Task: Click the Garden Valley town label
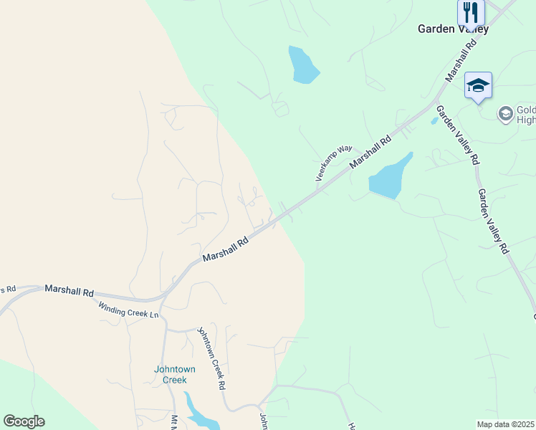tap(453, 29)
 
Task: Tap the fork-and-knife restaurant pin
tap(471, 13)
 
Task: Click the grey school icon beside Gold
tap(505, 113)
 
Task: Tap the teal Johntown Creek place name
tap(175, 374)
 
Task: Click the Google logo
tap(24, 421)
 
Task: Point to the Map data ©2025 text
tap(505, 424)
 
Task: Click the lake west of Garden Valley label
tap(302, 65)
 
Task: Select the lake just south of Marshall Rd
tap(389, 178)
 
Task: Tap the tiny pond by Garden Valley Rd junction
tap(434, 121)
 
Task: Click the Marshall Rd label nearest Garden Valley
tap(460, 60)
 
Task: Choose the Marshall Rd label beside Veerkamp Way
tap(370, 153)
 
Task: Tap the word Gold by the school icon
tap(526, 109)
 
